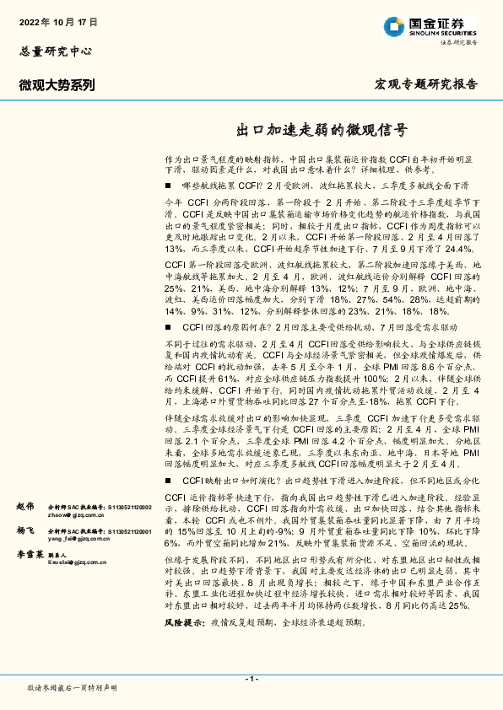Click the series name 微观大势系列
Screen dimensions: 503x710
click(x=57, y=84)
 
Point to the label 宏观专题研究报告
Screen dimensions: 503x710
click(x=425, y=84)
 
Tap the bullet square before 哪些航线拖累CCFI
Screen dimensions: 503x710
click(x=169, y=184)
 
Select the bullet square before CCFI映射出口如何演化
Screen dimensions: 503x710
click(x=169, y=479)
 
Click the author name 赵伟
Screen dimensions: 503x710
click(x=24, y=506)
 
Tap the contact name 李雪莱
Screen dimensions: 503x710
click(x=29, y=557)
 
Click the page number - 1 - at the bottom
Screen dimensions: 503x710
click(x=251, y=678)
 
